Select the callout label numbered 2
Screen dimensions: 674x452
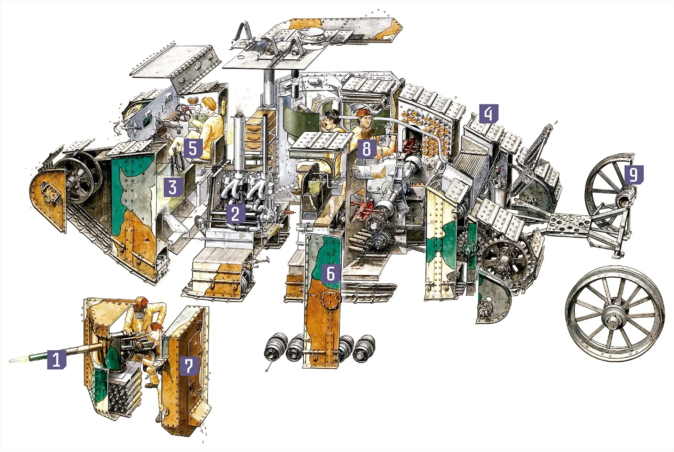pyautogui.click(x=235, y=214)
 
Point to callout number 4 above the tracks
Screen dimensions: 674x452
pyautogui.click(x=489, y=114)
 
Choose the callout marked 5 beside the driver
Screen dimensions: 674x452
pyautogui.click(x=193, y=148)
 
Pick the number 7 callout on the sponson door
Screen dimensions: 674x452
pyautogui.click(x=189, y=366)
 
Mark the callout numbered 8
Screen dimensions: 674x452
pyautogui.click(x=366, y=149)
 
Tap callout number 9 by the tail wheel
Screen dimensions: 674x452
pyautogui.click(x=634, y=174)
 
